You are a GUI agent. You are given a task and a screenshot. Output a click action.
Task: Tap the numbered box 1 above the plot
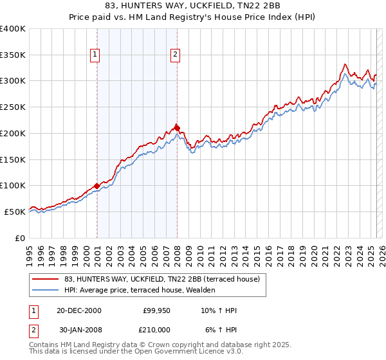pyautogui.click(x=95, y=55)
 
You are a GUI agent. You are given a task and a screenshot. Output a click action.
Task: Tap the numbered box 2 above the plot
pyautogui.click(x=174, y=55)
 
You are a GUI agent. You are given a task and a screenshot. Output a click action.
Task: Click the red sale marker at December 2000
pyautogui.click(x=96, y=186)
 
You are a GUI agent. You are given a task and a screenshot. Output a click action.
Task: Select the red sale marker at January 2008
pyautogui.click(x=177, y=127)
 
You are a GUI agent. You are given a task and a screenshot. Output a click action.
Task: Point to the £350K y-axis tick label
pyautogui.click(x=13, y=55)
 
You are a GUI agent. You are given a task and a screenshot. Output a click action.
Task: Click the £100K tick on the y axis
pyautogui.click(x=13, y=185)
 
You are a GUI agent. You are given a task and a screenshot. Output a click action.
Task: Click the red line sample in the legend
pyautogui.click(x=46, y=279)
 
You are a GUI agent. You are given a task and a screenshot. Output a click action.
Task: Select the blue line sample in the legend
pyautogui.click(x=46, y=290)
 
